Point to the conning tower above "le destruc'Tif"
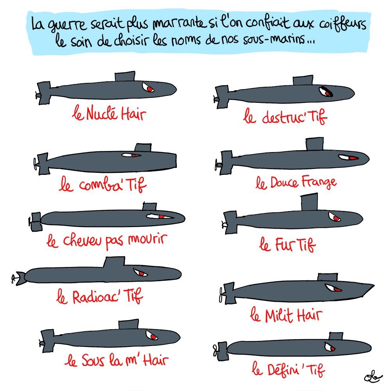click(x=303, y=81)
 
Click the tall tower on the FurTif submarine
click(x=309, y=202)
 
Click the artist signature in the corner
click(x=373, y=378)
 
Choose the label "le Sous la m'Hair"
click(x=117, y=361)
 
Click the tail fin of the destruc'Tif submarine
click(x=221, y=97)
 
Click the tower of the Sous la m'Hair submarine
click(x=128, y=325)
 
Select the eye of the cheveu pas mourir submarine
click(x=160, y=216)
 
